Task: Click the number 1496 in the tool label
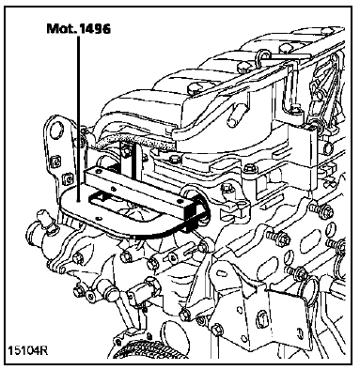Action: [94, 29]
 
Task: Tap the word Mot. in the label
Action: [61, 29]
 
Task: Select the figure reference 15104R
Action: [27, 350]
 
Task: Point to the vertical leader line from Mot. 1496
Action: [78, 117]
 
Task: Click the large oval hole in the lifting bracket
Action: [57, 130]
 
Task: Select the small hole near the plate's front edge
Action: [100, 218]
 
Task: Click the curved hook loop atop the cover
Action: [261, 57]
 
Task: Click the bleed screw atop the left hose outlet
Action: [46, 221]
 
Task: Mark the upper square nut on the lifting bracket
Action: [56, 162]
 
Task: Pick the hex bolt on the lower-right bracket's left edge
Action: [216, 331]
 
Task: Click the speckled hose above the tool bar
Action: [134, 141]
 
